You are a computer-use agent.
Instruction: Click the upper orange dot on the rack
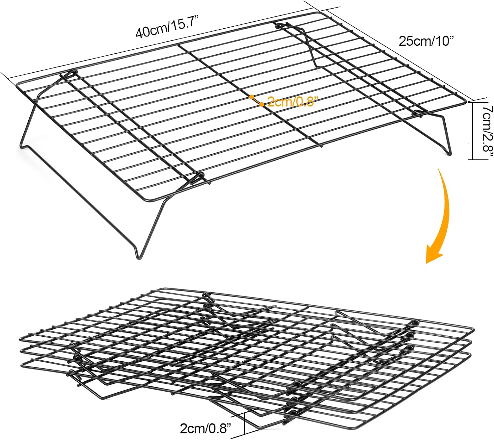coord(251,97)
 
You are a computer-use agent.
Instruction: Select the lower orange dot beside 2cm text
coord(261,104)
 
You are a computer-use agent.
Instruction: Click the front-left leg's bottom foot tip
coord(138,258)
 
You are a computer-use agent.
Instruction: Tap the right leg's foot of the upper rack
coord(450,154)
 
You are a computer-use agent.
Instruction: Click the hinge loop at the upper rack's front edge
coord(198,179)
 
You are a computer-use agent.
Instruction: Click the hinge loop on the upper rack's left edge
coord(69,73)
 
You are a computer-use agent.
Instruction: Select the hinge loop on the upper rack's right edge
coord(418,112)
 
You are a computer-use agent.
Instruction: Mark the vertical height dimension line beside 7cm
coord(473,131)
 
